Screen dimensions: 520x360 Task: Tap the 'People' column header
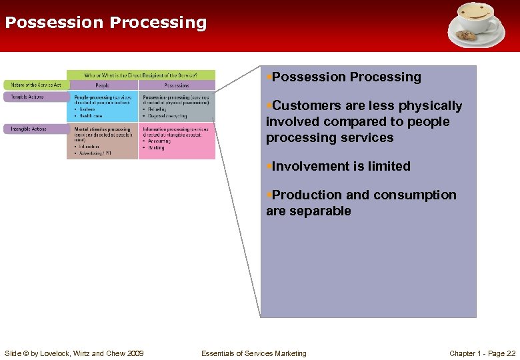(x=103, y=85)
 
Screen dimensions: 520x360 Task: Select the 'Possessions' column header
(x=177, y=85)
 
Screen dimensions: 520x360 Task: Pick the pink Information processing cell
(x=177, y=140)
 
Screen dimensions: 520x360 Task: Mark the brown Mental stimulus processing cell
(x=103, y=140)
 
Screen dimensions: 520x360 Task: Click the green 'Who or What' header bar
(x=141, y=75)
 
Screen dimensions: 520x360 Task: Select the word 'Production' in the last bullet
(x=307, y=195)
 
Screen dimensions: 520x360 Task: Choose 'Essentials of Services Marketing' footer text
(x=254, y=353)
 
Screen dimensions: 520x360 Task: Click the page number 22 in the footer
(x=511, y=353)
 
